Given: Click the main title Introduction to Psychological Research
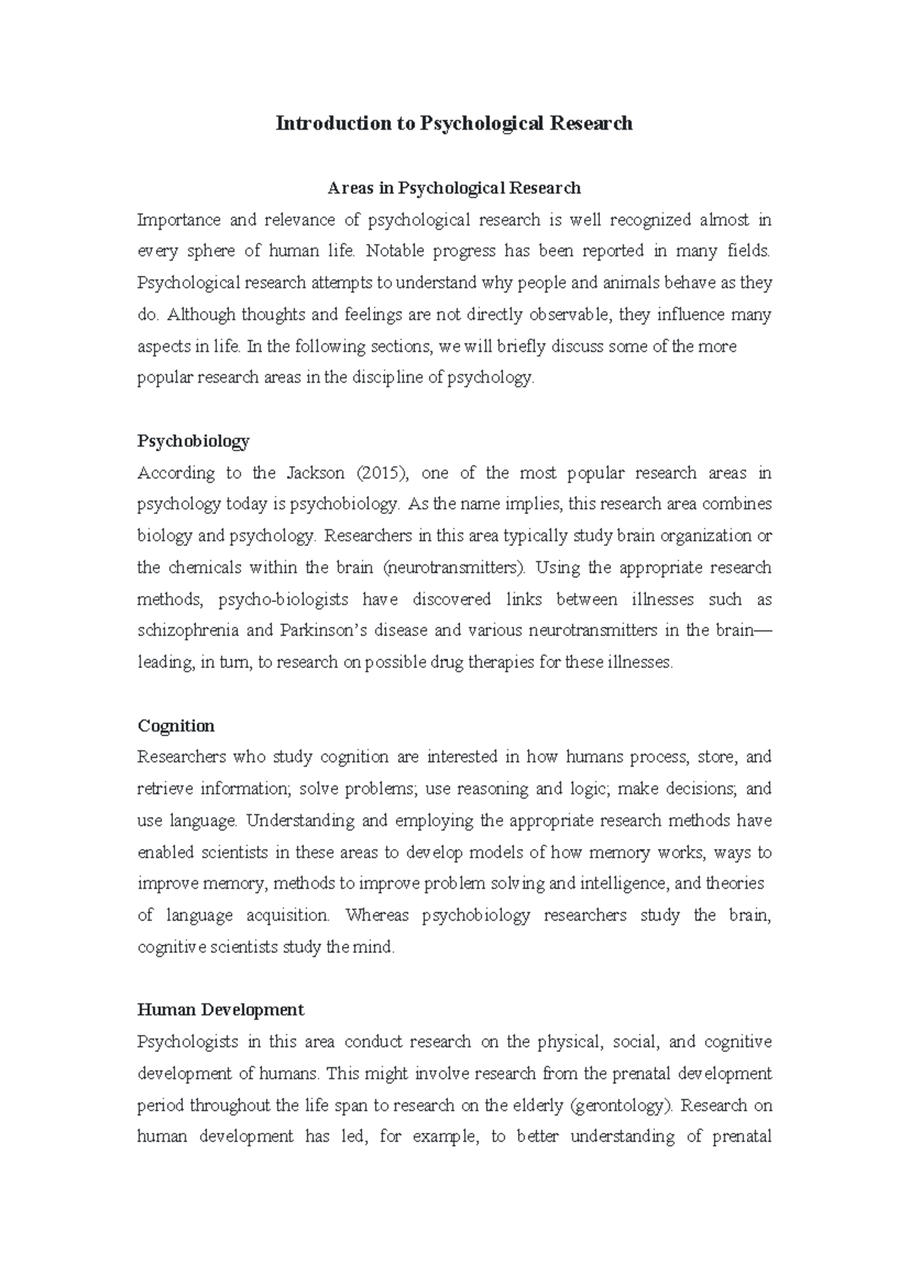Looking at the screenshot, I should (453, 123).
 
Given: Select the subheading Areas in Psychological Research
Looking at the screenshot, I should (453, 187).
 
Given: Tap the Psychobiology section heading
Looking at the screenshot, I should (193, 441).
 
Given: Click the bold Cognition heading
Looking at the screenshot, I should (176, 726).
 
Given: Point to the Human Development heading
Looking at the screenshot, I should (221, 1009).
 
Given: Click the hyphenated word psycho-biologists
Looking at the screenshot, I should (284, 599).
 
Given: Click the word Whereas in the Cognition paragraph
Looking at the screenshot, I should (377, 915).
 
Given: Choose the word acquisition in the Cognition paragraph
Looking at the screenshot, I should (288, 915).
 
